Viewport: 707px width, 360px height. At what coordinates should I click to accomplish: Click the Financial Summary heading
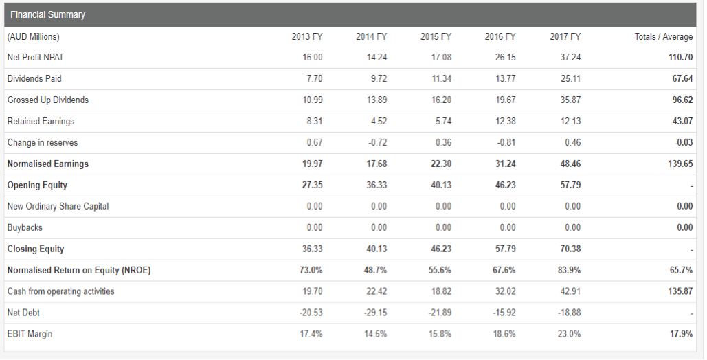[47, 14]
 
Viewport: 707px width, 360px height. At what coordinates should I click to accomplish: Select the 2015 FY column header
[436, 36]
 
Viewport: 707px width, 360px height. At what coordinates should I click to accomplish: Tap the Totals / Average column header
[664, 36]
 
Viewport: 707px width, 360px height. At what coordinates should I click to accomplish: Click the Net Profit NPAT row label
[35, 57]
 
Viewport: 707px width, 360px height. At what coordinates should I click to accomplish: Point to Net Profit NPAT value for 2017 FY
[570, 57]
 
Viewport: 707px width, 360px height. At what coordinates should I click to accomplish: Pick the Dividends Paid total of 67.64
[682, 78]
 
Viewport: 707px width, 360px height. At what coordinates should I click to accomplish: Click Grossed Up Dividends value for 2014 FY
[377, 100]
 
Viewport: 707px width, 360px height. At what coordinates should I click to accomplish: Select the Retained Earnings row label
[41, 121]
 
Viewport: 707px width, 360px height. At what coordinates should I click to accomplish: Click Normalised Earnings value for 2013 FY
[313, 164]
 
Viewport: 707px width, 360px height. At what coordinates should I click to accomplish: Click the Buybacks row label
[24, 227]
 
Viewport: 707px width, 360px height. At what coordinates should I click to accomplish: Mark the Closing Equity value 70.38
[570, 249]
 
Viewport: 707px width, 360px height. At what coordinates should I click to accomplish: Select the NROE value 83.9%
[570, 270]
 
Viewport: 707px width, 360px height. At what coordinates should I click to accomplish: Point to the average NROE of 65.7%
[681, 270]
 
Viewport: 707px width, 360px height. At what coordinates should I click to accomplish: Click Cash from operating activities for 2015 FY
[441, 291]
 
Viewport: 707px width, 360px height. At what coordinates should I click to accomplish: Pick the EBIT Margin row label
[30, 334]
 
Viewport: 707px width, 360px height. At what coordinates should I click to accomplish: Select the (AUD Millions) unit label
[33, 36]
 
